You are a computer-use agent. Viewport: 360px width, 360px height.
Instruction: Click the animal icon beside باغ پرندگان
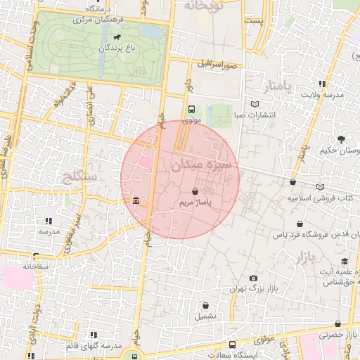coord(115,37)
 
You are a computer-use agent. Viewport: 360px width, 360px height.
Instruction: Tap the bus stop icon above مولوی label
coord(192,110)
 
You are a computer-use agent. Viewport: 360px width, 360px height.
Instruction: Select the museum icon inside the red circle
coord(135,202)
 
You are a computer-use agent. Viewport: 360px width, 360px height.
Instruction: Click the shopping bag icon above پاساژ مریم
coord(195,191)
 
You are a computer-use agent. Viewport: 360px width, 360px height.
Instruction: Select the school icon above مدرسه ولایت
coord(322,84)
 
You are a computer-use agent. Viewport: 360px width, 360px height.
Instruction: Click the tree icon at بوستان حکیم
coord(341,139)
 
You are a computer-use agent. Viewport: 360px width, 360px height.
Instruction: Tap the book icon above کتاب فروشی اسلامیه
coord(320,187)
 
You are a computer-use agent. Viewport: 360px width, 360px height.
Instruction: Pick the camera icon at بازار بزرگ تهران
coord(253,278)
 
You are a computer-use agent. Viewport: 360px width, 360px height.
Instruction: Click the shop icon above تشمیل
coord(205,305)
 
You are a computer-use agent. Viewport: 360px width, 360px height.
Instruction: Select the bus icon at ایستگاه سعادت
coord(233,345)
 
